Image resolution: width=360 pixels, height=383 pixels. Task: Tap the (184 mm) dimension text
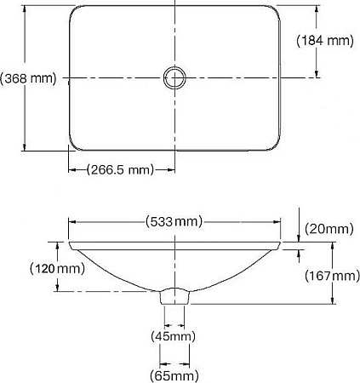(324, 39)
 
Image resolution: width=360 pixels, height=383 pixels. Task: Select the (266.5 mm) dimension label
(120, 169)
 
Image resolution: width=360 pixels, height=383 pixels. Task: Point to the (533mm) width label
(175, 221)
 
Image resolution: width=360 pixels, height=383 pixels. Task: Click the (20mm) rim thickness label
(328, 228)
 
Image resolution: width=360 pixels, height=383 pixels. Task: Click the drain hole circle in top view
(174, 77)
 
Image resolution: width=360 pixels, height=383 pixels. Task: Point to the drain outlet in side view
(174, 296)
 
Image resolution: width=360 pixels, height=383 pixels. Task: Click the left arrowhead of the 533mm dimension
(71, 221)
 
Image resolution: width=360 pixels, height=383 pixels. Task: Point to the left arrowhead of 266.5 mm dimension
(71, 169)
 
